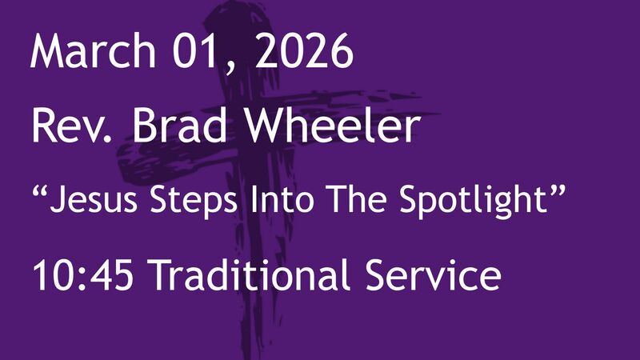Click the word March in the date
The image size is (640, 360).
tap(89, 52)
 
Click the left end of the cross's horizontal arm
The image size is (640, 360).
tap(120, 156)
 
